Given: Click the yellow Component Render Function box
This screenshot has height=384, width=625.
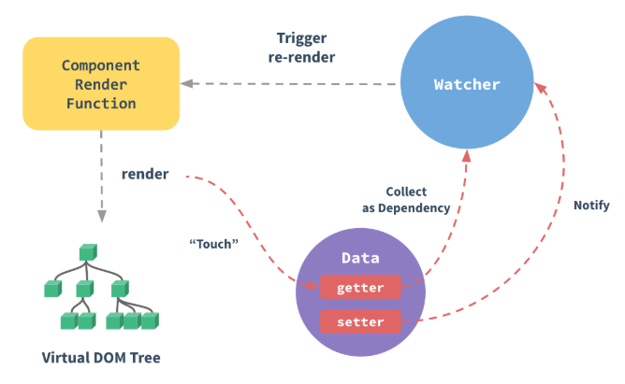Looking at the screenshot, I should click(101, 84).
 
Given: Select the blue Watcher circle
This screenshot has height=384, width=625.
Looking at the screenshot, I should click(467, 85).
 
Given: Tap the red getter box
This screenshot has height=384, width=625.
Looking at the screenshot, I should click(360, 288).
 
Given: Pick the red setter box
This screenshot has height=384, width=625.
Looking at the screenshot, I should click(360, 323).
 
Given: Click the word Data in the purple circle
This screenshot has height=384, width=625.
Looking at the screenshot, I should click(360, 257).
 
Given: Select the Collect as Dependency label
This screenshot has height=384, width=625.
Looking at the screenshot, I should click(405, 199).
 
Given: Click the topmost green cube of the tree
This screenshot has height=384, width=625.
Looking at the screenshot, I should click(88, 252).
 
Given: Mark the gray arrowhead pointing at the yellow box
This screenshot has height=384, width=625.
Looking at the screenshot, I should click(188, 84).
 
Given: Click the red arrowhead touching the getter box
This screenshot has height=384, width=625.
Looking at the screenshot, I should click(312, 285).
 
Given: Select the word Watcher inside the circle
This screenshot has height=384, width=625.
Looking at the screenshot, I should click(467, 85).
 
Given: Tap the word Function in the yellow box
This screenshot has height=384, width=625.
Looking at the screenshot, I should click(101, 102).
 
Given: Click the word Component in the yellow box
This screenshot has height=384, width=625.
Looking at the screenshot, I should click(101, 66).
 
